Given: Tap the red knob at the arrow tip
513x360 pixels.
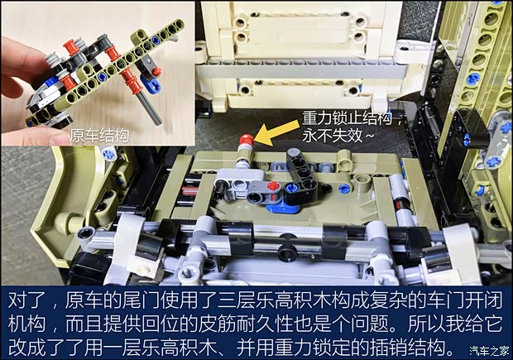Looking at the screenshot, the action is pyautogui.click(x=247, y=140).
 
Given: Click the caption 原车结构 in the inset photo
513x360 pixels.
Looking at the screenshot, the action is pyautogui.click(x=99, y=136).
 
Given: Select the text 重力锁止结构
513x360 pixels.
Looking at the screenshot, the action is pyautogui.click(x=348, y=118).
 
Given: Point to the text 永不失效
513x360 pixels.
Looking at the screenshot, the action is pyautogui.click(x=332, y=135).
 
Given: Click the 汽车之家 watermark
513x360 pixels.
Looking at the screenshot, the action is pyautogui.click(x=490, y=351).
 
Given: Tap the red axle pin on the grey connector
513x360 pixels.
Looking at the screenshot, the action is pyautogui.click(x=272, y=186).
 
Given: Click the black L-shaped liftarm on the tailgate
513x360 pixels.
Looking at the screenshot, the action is pyautogui.click(x=300, y=176).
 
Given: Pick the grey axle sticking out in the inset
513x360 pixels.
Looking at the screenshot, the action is pyautogui.click(x=151, y=108).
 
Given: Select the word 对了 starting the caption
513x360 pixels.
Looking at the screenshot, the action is pyautogui.click(x=26, y=300).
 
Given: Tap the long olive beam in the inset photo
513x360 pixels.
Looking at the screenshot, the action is pyautogui.click(x=105, y=72).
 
